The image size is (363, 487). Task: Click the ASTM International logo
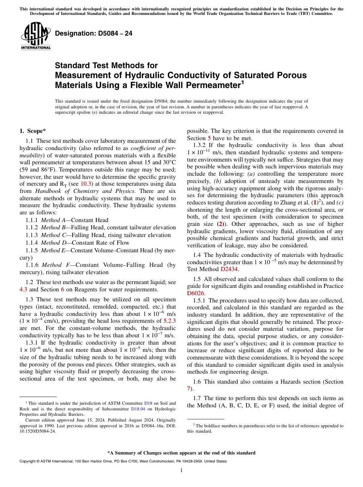36,36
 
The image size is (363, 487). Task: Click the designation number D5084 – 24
94,33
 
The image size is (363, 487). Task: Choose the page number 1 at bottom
181,470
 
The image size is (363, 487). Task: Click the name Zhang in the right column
289,203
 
